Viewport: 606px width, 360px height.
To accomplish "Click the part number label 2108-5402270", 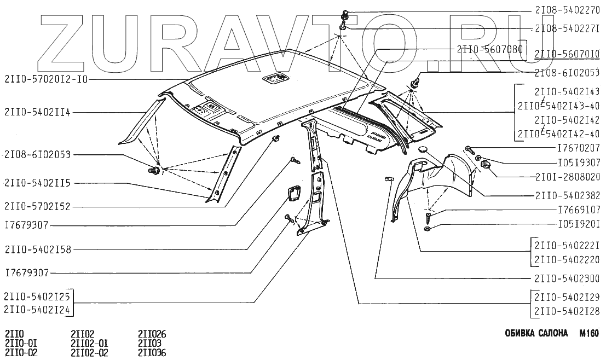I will (567, 10).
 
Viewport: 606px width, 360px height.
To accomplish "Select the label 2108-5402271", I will (567, 27).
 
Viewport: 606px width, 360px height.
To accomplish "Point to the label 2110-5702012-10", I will (46, 79).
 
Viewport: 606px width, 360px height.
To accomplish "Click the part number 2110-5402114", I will (37, 113).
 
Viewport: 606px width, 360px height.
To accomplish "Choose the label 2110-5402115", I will (37, 183).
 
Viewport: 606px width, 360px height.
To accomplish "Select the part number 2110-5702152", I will (37, 206).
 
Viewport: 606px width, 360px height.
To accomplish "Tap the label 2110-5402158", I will (37, 249).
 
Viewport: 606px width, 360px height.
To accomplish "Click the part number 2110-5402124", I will (37, 310).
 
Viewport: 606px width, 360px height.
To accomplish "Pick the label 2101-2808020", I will (567, 177).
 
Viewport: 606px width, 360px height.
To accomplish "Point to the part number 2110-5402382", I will (567, 195).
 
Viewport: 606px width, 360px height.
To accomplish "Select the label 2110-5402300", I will (567, 278).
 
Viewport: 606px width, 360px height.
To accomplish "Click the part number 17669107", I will (578, 210).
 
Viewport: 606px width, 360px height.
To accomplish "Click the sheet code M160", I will (589, 333).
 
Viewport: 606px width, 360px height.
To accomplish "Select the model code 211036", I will (152, 353).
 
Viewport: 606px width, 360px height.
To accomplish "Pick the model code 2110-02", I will (21, 353).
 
